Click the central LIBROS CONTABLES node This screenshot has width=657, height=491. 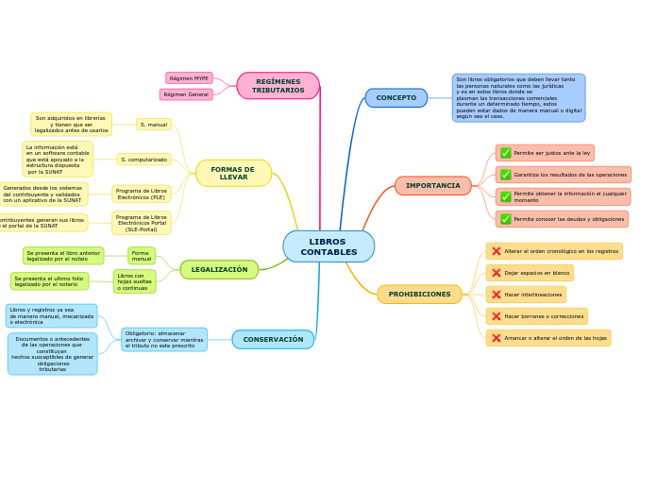tap(328, 246)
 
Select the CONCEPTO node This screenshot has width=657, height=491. tap(396, 98)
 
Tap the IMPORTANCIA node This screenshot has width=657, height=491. tap(432, 186)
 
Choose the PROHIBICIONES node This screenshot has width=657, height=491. tap(419, 295)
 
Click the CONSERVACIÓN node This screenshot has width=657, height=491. tap(273, 340)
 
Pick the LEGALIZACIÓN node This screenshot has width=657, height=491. tap(219, 270)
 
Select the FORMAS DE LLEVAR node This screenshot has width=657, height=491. tap(233, 174)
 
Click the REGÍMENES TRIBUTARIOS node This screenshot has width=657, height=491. tap(278, 86)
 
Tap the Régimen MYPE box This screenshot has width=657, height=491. tap(189, 78)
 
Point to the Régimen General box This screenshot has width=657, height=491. tap(186, 94)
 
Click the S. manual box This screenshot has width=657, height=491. tap(153, 125)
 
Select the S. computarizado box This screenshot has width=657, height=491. tap(143, 160)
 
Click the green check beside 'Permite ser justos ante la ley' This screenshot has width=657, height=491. tap(506, 153)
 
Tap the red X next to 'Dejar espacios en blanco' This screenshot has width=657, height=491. tap(497, 273)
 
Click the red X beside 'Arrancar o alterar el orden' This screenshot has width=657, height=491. tap(497, 338)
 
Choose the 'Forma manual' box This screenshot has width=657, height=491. tap(141, 256)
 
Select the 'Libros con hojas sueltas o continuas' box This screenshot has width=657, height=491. tap(134, 281)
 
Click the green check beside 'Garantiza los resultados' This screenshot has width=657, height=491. tap(506, 175)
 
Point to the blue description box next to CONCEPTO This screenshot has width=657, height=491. tap(518, 98)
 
